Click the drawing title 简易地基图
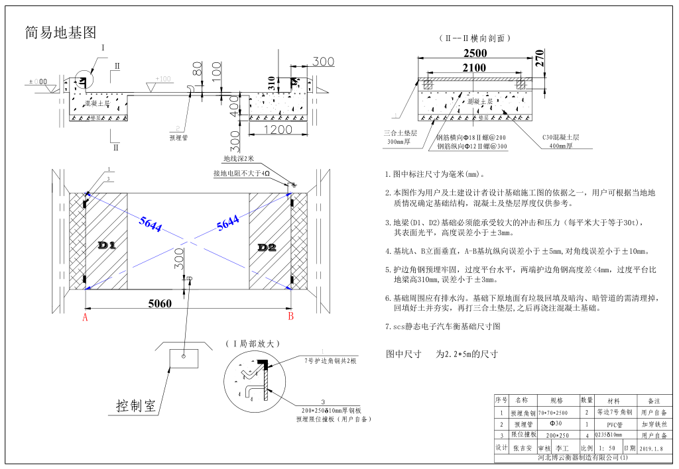pyautogui.click(x=60, y=32)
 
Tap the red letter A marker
pyautogui.click(x=85, y=317)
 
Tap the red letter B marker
pyautogui.click(x=290, y=317)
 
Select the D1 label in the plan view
pyautogui.click(x=107, y=246)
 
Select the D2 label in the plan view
pyautogui.click(x=267, y=247)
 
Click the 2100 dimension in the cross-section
pyautogui.click(x=474, y=68)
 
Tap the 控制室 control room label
pyautogui.click(x=136, y=405)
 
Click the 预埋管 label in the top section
pyautogui.click(x=180, y=138)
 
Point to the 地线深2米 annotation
pyautogui.click(x=239, y=159)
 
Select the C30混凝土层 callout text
pyautogui.click(x=561, y=137)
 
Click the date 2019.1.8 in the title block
pyautogui.click(x=654, y=448)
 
